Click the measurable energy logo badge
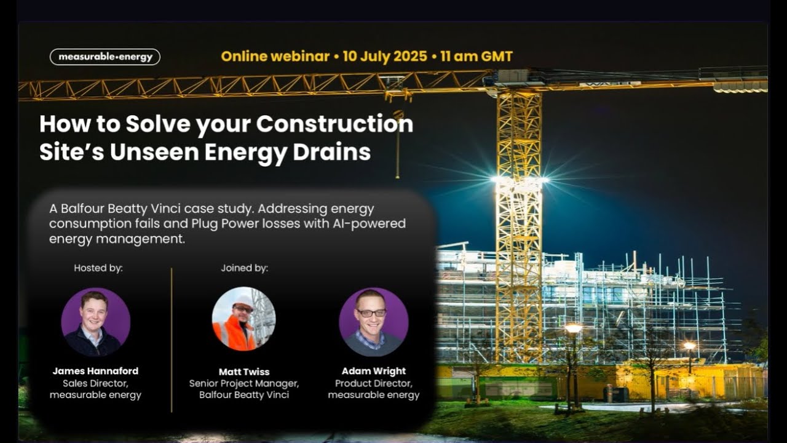click(105, 57)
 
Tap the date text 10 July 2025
click(384, 57)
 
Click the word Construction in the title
click(334, 124)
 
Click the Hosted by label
click(98, 268)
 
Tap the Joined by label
click(244, 268)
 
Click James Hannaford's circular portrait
click(95, 322)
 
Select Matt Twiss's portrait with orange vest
click(243, 319)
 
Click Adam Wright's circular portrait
click(373, 322)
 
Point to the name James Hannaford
click(95, 371)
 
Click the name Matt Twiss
click(244, 372)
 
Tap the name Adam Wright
click(373, 371)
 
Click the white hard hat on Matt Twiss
click(244, 300)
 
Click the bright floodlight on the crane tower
click(518, 180)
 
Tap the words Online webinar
click(275, 57)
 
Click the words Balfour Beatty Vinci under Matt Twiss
click(244, 395)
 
